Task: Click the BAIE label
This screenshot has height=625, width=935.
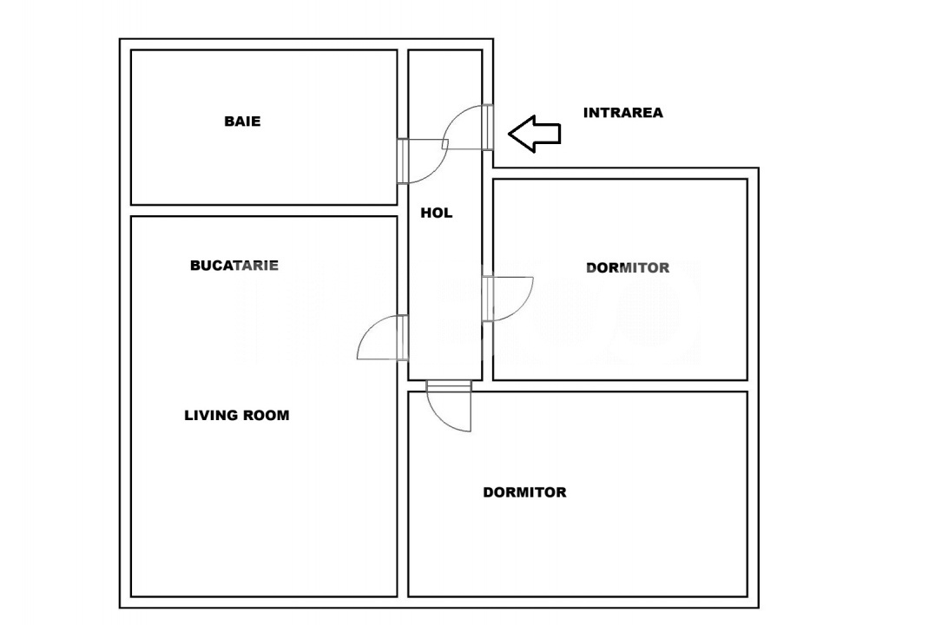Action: [x=242, y=122]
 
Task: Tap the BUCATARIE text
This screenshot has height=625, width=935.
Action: [x=234, y=266]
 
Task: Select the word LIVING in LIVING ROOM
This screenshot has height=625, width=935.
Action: [x=211, y=416]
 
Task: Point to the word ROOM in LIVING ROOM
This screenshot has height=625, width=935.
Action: [x=267, y=416]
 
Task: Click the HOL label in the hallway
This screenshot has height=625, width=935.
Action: [x=437, y=213]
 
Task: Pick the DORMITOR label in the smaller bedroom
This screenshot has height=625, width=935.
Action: [x=628, y=267]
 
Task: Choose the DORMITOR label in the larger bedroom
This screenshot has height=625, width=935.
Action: [x=524, y=492]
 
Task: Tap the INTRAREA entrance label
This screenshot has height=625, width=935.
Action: [x=622, y=113]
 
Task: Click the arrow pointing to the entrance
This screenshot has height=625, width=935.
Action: [x=533, y=134]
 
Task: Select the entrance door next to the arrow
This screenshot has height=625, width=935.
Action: [x=489, y=127]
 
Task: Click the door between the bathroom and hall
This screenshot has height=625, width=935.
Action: [x=404, y=161]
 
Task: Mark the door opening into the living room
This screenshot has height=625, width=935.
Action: [x=402, y=338]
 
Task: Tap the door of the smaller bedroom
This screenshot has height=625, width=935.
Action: [x=489, y=299]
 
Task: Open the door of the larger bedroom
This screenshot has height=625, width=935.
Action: [x=449, y=387]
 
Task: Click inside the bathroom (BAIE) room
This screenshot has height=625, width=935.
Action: [x=260, y=165]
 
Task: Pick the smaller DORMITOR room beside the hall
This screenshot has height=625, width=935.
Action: [x=620, y=321]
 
